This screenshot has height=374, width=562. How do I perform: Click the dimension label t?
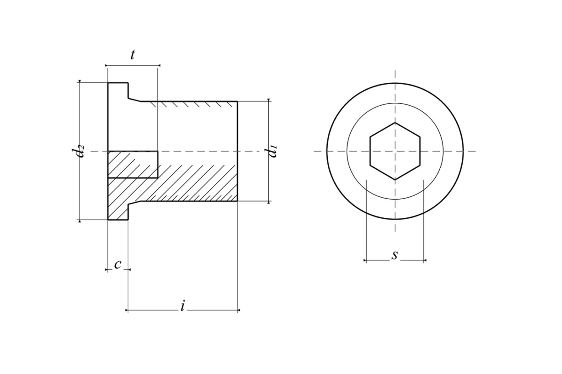tap(133, 55)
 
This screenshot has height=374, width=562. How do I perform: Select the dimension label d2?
tap(78, 151)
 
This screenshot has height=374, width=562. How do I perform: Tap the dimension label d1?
tap(271, 151)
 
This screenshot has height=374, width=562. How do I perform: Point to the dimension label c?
tap(118, 265)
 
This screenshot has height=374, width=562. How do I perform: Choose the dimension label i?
tap(183, 305)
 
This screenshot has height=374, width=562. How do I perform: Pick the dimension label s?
tap(395, 255)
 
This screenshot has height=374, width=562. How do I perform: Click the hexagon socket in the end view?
tap(395, 151)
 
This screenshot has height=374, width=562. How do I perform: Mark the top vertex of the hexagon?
tap(395, 122)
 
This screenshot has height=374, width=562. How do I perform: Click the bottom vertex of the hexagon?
tap(395, 180)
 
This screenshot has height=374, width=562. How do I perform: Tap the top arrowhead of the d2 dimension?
tap(80, 81)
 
